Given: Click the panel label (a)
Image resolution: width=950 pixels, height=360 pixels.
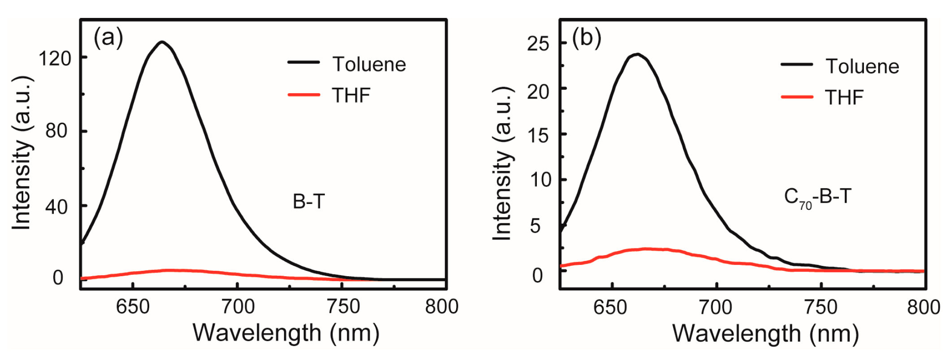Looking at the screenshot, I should point(108,38).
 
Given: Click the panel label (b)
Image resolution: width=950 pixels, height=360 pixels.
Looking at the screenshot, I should point(587,38).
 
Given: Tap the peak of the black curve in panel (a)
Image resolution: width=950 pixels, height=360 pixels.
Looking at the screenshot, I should point(162,42).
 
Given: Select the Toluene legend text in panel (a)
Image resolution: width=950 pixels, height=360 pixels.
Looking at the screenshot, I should point(369,65).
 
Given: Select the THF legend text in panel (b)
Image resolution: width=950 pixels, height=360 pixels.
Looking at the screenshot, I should point(844,97).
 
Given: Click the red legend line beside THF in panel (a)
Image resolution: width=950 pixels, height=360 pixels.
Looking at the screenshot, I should point(303,95).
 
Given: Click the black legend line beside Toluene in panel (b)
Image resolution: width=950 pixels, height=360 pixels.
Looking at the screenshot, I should point(797,65).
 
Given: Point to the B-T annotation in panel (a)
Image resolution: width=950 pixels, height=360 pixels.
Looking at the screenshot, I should point(308,202).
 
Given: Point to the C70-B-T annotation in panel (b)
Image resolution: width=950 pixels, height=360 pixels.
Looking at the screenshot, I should point(817,197).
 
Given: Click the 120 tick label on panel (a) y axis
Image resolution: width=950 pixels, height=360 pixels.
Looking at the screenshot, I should point(55,58).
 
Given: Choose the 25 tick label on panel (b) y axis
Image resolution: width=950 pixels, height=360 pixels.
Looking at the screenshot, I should point(538,44).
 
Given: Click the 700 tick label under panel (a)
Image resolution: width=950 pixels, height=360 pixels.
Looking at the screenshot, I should point(237,307).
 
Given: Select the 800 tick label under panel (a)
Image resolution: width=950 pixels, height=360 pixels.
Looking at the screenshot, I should point(441,307).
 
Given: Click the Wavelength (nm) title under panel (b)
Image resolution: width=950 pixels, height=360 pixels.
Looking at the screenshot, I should point(765,334).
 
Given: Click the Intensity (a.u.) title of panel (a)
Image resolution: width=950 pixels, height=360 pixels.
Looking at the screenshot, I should point(22,152).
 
